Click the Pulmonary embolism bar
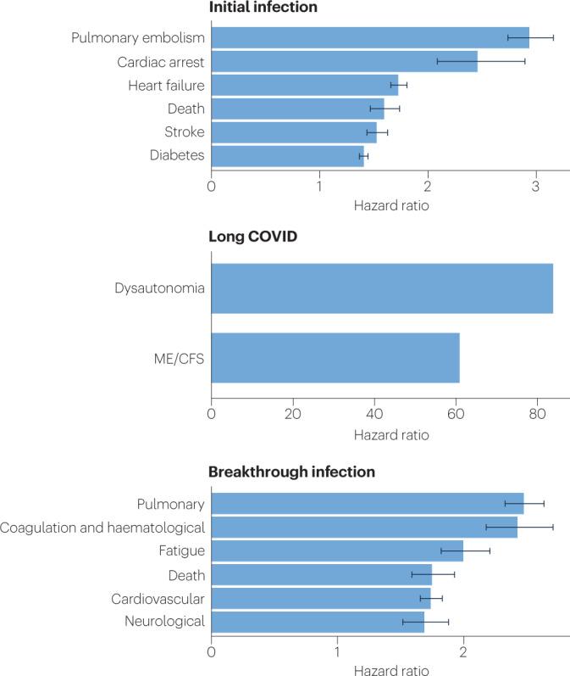click(369, 37)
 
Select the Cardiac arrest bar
click(344, 61)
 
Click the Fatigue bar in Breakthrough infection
click(336, 550)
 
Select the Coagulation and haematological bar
click(363, 527)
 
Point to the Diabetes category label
click(177, 156)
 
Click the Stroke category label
click(184, 132)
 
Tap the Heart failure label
click(166, 85)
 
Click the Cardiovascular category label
click(158, 598)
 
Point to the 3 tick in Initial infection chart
click(536, 186)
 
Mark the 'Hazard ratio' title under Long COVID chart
click(392, 435)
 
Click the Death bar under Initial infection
click(297, 109)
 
